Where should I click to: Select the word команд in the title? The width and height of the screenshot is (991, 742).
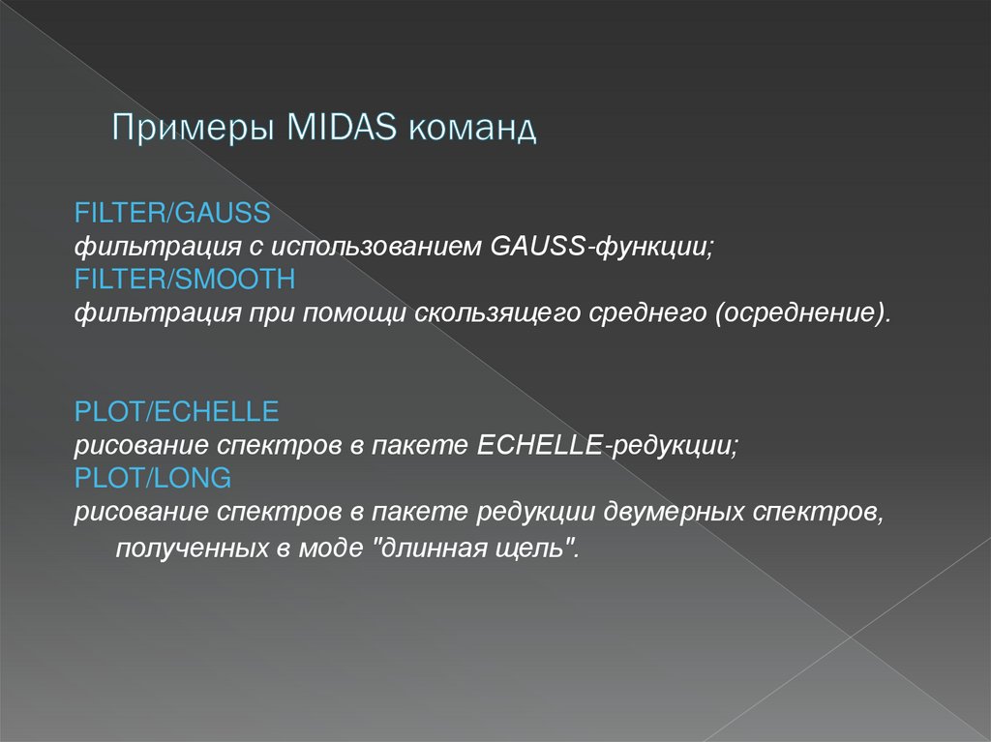pyautogui.click(x=472, y=128)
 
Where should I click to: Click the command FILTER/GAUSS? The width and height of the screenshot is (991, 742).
pyautogui.click(x=172, y=211)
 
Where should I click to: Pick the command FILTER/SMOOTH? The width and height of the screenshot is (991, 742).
pyautogui.click(x=184, y=280)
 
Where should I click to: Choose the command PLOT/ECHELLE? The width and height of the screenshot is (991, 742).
pyautogui.click(x=177, y=412)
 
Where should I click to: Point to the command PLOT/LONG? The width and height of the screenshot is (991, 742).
pyautogui.click(x=153, y=478)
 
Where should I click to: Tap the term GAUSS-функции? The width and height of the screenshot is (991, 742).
pyautogui.click(x=601, y=247)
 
